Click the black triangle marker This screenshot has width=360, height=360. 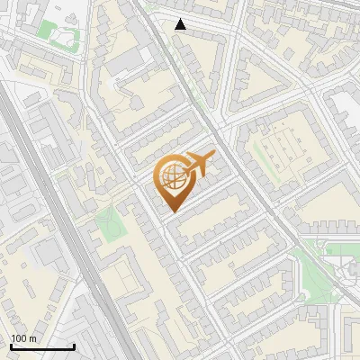click(181, 24)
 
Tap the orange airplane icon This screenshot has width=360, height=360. click(199, 164)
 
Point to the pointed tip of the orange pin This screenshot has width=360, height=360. click(171, 211)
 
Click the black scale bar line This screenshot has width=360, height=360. click(41, 346)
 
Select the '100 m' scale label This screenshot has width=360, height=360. click(23, 338)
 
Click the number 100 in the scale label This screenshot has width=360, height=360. click(19, 338)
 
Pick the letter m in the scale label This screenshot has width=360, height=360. click(32, 338)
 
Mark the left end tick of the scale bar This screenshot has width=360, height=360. click(10, 345)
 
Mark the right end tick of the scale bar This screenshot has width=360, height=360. click(74, 345)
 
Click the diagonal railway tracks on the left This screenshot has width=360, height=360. click(63, 225)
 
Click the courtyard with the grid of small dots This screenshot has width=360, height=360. click(279, 148)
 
